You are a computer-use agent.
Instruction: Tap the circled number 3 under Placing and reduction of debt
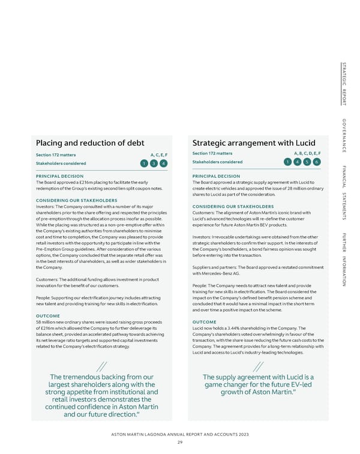(x=153, y=163)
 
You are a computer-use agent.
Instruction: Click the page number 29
(x=179, y=443)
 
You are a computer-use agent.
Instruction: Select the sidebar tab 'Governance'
(x=344, y=136)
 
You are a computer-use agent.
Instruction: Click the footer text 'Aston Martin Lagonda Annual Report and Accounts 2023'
(x=179, y=434)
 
